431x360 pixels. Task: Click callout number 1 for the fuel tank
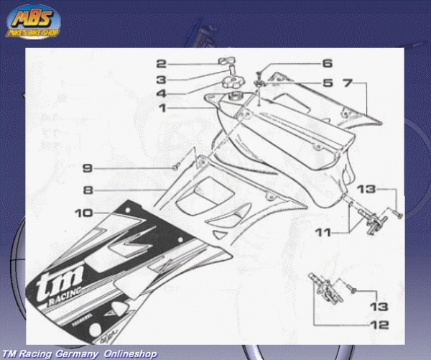coord(162,108)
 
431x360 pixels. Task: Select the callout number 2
coord(162,64)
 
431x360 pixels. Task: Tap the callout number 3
coord(162,79)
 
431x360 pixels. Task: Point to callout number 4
coord(162,93)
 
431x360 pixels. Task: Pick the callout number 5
coord(327,83)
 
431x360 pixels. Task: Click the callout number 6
coord(327,63)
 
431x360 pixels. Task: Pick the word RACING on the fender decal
coord(65,300)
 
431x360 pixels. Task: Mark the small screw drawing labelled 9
coord(175,167)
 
